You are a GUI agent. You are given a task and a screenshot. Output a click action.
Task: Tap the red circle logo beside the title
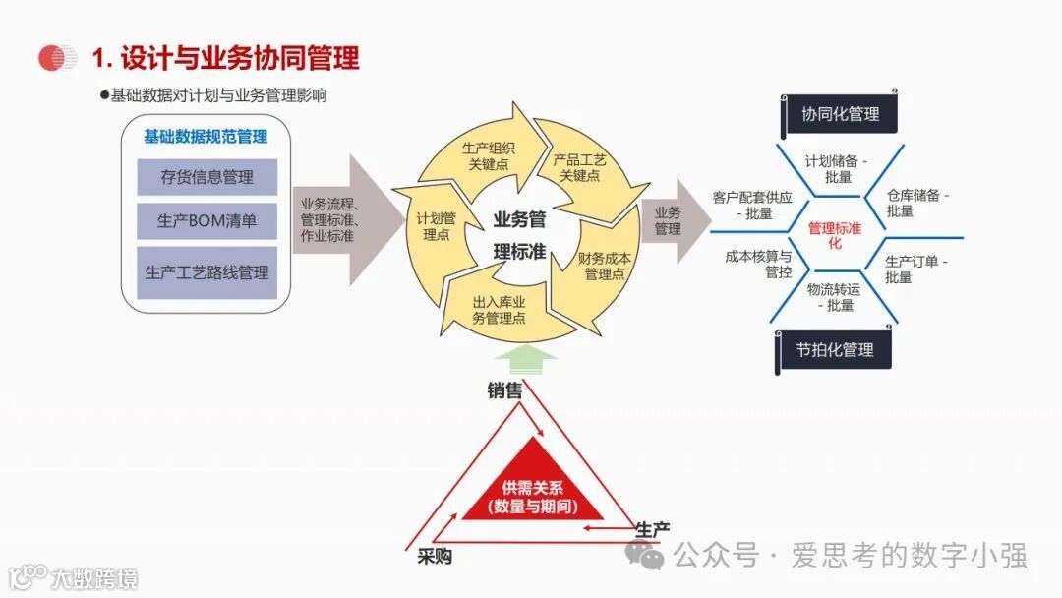pyautogui.click(x=57, y=58)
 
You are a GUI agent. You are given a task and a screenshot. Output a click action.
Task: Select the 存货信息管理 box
pyautogui.click(x=206, y=177)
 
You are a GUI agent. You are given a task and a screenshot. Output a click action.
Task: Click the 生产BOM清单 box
pyautogui.click(x=206, y=221)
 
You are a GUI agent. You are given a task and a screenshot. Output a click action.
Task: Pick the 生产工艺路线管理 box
pyautogui.click(x=206, y=272)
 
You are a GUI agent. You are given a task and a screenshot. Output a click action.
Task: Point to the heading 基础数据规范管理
pyautogui.click(x=206, y=137)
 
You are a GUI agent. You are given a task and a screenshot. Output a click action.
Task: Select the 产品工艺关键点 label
pyautogui.click(x=579, y=167)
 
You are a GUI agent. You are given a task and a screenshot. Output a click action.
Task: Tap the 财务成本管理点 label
pyautogui.click(x=605, y=266)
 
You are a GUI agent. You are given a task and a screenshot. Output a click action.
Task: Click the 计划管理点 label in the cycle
pyautogui.click(x=436, y=226)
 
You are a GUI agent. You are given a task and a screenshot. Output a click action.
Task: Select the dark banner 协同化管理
pyautogui.click(x=840, y=114)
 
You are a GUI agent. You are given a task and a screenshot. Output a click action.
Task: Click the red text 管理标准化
pyautogui.click(x=835, y=235)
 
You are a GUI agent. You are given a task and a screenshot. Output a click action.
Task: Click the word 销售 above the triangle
pyautogui.click(x=504, y=390)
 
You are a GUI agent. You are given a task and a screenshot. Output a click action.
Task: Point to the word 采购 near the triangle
pyautogui.click(x=435, y=557)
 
